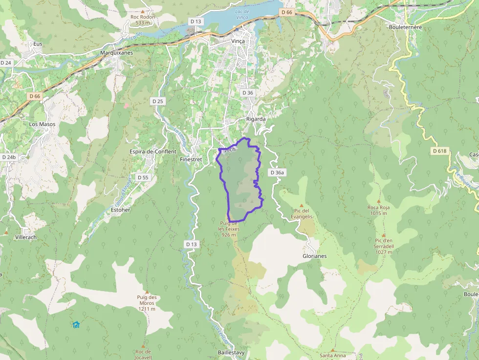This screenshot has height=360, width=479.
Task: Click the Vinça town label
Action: (x=238, y=41)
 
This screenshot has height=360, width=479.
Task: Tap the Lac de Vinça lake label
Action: (x=241, y=15)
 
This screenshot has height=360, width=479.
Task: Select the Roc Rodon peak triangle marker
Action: (x=142, y=11)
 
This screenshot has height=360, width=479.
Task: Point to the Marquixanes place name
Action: (x=116, y=53)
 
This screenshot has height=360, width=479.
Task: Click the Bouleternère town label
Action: (x=405, y=27)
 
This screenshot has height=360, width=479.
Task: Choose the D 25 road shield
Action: (x=157, y=101)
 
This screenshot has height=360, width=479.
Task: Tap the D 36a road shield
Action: (x=277, y=172)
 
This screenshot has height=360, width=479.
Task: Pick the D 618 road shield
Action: (x=440, y=151)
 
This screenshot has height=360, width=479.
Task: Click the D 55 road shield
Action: (x=143, y=177)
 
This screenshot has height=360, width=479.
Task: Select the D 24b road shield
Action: (x=9, y=157)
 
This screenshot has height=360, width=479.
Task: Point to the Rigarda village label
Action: (x=256, y=119)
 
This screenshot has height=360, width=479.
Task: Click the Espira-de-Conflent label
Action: (x=153, y=151)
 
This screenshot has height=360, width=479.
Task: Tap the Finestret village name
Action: (x=191, y=160)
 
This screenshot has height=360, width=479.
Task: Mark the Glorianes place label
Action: (x=314, y=256)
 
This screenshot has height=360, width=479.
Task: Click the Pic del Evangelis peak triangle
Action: (x=302, y=206)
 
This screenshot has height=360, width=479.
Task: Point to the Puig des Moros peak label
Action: (x=147, y=300)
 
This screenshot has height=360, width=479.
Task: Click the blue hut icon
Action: (x=76, y=325)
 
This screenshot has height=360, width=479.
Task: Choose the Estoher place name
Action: (x=120, y=210)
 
